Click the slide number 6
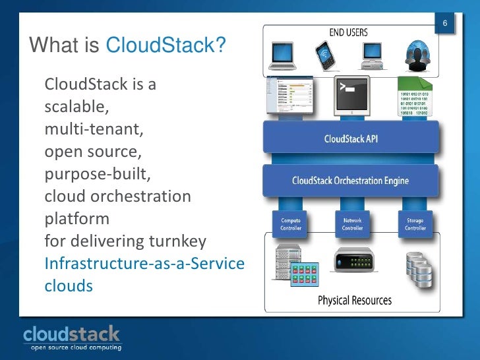pos(446,24)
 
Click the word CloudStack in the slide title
pos(165,45)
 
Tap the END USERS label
pos(348,32)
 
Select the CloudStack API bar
pos(351,139)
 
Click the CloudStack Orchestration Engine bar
pos(351,180)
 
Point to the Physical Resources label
pos(354,301)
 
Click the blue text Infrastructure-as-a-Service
pos(144,264)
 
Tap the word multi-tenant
pos(92,129)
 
